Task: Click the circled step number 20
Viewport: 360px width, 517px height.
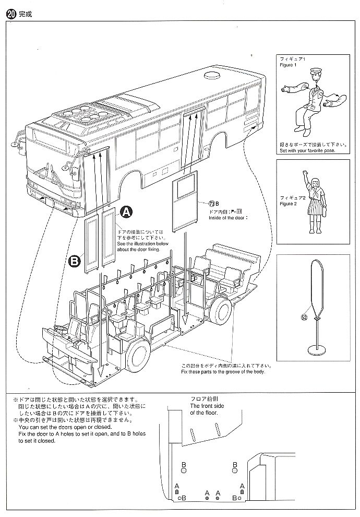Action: click(10, 15)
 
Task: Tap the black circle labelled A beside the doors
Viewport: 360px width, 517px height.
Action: click(126, 212)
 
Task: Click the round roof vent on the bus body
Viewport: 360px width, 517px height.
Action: click(213, 77)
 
